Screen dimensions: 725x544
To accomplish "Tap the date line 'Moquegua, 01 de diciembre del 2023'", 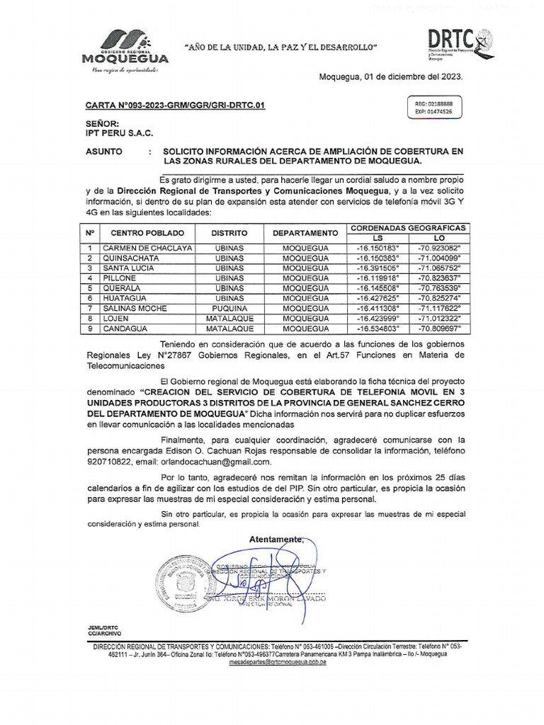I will pos(390,76).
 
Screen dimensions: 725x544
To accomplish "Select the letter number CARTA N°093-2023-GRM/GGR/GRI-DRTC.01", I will pos(176,106).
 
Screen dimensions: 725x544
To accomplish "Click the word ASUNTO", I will pos(103,152).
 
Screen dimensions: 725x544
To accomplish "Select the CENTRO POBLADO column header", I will pos(147,233).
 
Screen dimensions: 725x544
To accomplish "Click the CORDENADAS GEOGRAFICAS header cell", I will pos(407,228).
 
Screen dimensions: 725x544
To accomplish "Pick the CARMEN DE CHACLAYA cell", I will pos(147,249).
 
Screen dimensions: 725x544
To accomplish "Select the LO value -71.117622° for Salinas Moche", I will pos(438,309).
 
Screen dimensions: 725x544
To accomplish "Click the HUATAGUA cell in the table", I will pos(126,299).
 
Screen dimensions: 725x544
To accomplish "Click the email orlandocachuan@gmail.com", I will pos(216,461).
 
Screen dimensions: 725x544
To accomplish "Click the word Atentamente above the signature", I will pos(276,540).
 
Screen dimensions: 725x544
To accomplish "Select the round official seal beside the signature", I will pos(182,583).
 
